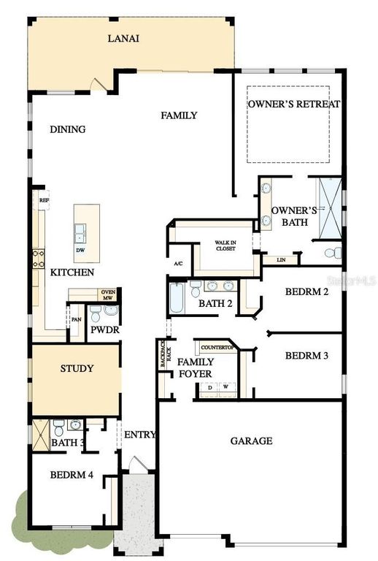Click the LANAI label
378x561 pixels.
tap(123, 38)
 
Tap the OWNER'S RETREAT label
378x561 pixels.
tap(293, 104)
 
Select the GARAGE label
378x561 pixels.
tap(251, 440)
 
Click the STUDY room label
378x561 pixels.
tap(76, 368)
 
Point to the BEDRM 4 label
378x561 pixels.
tap(72, 475)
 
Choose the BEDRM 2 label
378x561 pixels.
tap(306, 291)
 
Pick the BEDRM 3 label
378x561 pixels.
tap(306, 356)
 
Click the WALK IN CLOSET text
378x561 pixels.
tap(225, 245)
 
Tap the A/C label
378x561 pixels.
tap(178, 264)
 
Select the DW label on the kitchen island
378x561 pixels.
tap(80, 249)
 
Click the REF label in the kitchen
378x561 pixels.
tap(44, 199)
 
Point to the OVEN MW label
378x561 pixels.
tap(107, 294)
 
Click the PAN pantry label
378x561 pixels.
tap(76, 319)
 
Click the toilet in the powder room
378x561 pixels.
tap(109, 310)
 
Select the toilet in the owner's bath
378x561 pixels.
tap(331, 253)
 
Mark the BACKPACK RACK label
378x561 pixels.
tap(166, 356)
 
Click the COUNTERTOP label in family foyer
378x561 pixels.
tap(215, 347)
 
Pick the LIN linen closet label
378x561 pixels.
tap(281, 260)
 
